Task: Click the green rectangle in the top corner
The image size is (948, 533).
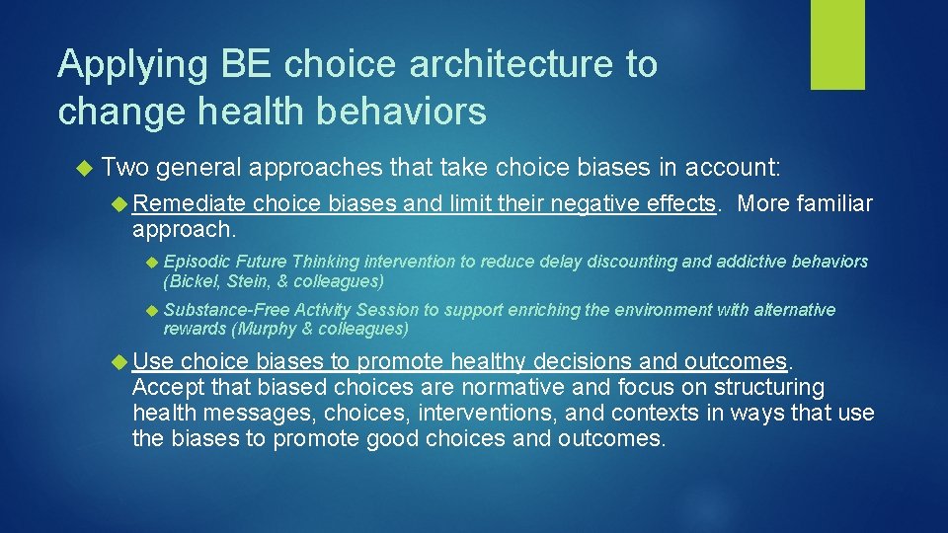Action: pyautogui.click(x=837, y=44)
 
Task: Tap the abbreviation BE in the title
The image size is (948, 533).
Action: pyautogui.click(x=242, y=65)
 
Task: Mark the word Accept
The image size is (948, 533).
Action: pyautogui.click(x=164, y=386)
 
